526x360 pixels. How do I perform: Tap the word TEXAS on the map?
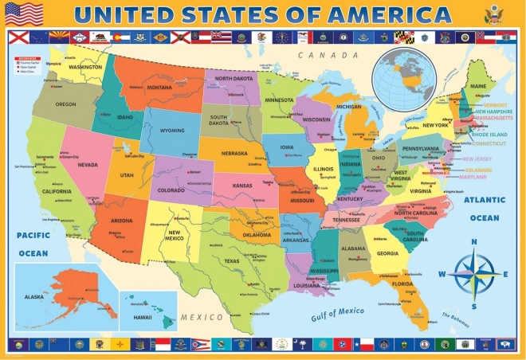[232, 260]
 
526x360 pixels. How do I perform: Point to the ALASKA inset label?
[34, 295]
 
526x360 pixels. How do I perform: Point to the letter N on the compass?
[474, 242]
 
